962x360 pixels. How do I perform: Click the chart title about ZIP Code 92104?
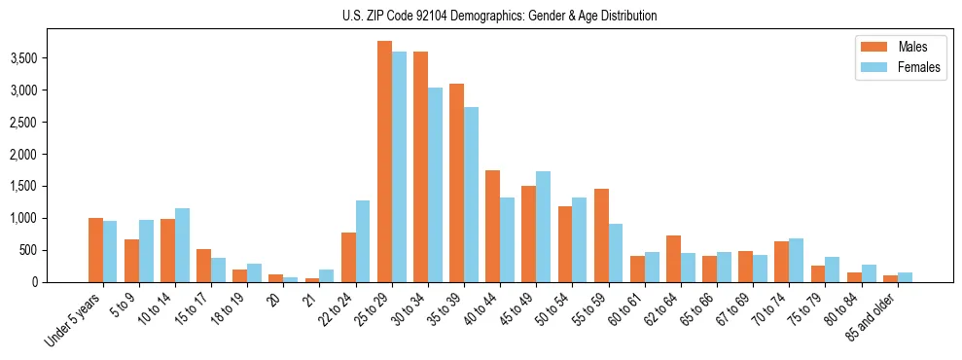(499, 16)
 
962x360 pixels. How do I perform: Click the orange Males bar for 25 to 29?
(384, 162)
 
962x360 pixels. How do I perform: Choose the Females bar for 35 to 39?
(471, 195)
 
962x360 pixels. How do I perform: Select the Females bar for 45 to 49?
(543, 227)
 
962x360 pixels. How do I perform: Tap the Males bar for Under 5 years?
(95, 250)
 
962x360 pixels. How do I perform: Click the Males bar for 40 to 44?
(492, 227)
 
